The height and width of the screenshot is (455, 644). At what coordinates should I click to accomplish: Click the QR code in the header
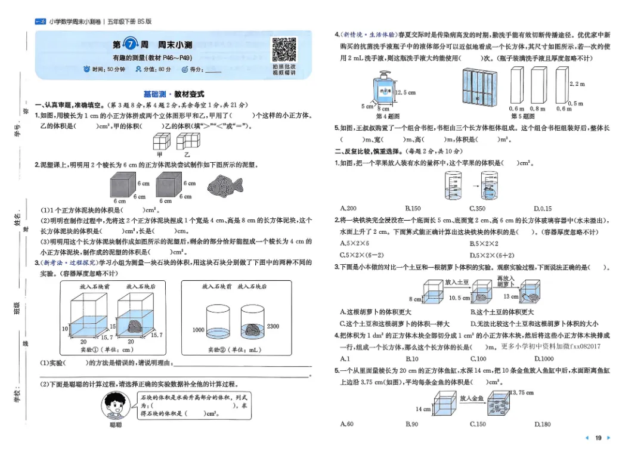click(x=284, y=49)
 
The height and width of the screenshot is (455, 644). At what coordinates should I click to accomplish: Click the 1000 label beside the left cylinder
click(x=199, y=330)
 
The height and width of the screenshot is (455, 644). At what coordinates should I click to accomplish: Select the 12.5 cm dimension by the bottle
click(x=405, y=93)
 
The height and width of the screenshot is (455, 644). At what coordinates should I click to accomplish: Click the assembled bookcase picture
click(x=479, y=87)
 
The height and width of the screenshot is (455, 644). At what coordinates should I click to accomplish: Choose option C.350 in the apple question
click(x=478, y=209)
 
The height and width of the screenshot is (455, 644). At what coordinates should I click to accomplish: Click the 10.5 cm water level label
click(x=459, y=298)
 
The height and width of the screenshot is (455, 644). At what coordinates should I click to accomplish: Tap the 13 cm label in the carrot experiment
click(x=510, y=296)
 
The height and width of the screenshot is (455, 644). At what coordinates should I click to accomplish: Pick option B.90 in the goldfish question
click(x=412, y=424)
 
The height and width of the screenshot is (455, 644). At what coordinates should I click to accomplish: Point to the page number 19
click(x=598, y=438)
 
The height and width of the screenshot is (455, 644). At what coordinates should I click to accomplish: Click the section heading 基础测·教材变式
click(x=174, y=94)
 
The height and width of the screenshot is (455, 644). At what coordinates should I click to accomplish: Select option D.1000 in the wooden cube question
click(x=544, y=359)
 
